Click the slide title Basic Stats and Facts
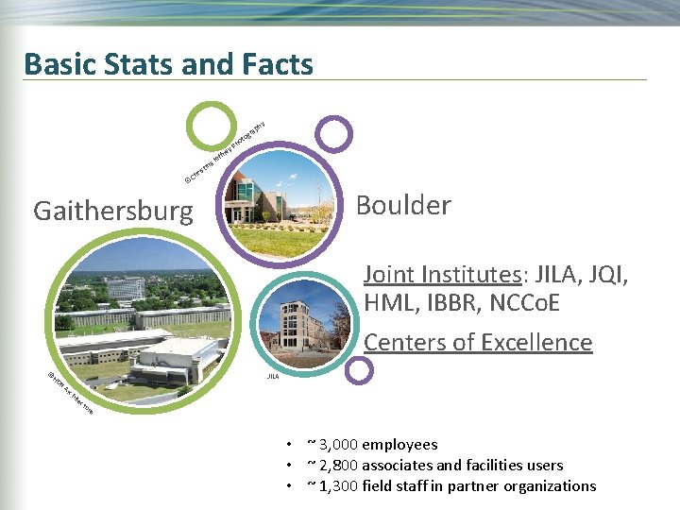(168, 64)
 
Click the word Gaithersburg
(112, 211)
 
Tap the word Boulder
(402, 206)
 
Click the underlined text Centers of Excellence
(478, 342)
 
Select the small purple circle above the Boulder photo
(332, 134)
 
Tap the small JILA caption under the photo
(272, 376)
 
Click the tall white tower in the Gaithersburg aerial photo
(126, 287)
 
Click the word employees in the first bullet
(399, 444)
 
